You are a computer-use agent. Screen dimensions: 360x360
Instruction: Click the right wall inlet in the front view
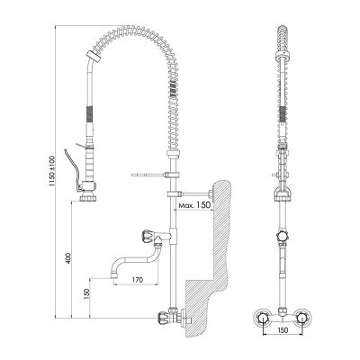pos(305,317)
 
